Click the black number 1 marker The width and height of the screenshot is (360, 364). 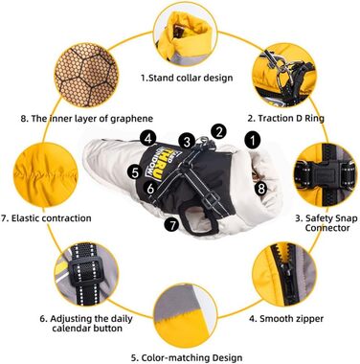[x=253, y=140]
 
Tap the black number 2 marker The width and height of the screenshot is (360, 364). [x=218, y=131]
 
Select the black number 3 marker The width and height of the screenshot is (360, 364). [x=187, y=142]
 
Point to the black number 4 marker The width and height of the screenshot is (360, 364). [x=147, y=139]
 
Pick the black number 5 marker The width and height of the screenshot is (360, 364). [x=135, y=172]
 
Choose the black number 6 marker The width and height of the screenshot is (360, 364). [x=151, y=189]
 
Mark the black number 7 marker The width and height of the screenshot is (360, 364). [x=172, y=225]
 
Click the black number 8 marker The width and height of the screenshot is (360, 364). [x=261, y=189]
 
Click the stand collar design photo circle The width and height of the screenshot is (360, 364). [x=185, y=35]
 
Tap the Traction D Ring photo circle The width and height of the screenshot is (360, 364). [x=284, y=75]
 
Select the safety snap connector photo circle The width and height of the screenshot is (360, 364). [x=326, y=174]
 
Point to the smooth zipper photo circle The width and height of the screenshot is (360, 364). [x=284, y=275]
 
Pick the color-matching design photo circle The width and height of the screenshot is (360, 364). [x=185, y=314]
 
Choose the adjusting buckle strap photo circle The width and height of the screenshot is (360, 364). [x=86, y=275]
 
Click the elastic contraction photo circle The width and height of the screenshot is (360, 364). [x=45, y=174]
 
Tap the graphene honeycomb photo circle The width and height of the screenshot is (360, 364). [x=86, y=75]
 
